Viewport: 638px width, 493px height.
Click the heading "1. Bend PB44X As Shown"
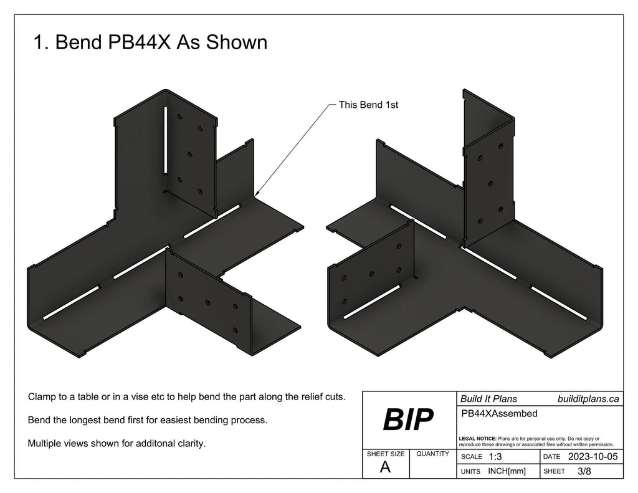pos(150,42)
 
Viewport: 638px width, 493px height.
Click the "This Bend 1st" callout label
pos(368,105)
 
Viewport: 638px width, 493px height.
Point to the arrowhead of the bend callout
pos(255,196)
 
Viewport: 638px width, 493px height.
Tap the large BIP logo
pos(407,421)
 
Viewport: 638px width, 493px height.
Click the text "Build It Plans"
pos(488,399)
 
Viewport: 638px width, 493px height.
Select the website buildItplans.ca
pos(588,399)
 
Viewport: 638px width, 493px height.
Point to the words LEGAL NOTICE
pos(477,439)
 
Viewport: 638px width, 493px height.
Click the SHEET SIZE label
pos(385,454)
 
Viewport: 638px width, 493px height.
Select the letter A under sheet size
pos(385,468)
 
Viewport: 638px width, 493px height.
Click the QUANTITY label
pos(432,454)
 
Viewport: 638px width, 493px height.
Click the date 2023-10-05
pos(593,457)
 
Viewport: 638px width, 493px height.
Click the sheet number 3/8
pos(585,471)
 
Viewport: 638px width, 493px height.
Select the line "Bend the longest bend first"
pos(148,420)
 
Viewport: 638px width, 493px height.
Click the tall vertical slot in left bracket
pos(165,141)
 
